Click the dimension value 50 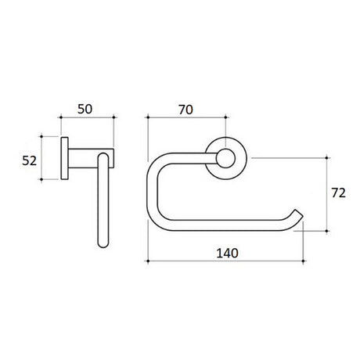[88, 109]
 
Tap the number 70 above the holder [185, 109]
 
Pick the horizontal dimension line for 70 [186, 118]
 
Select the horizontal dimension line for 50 [88, 118]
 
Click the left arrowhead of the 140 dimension [149, 261]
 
